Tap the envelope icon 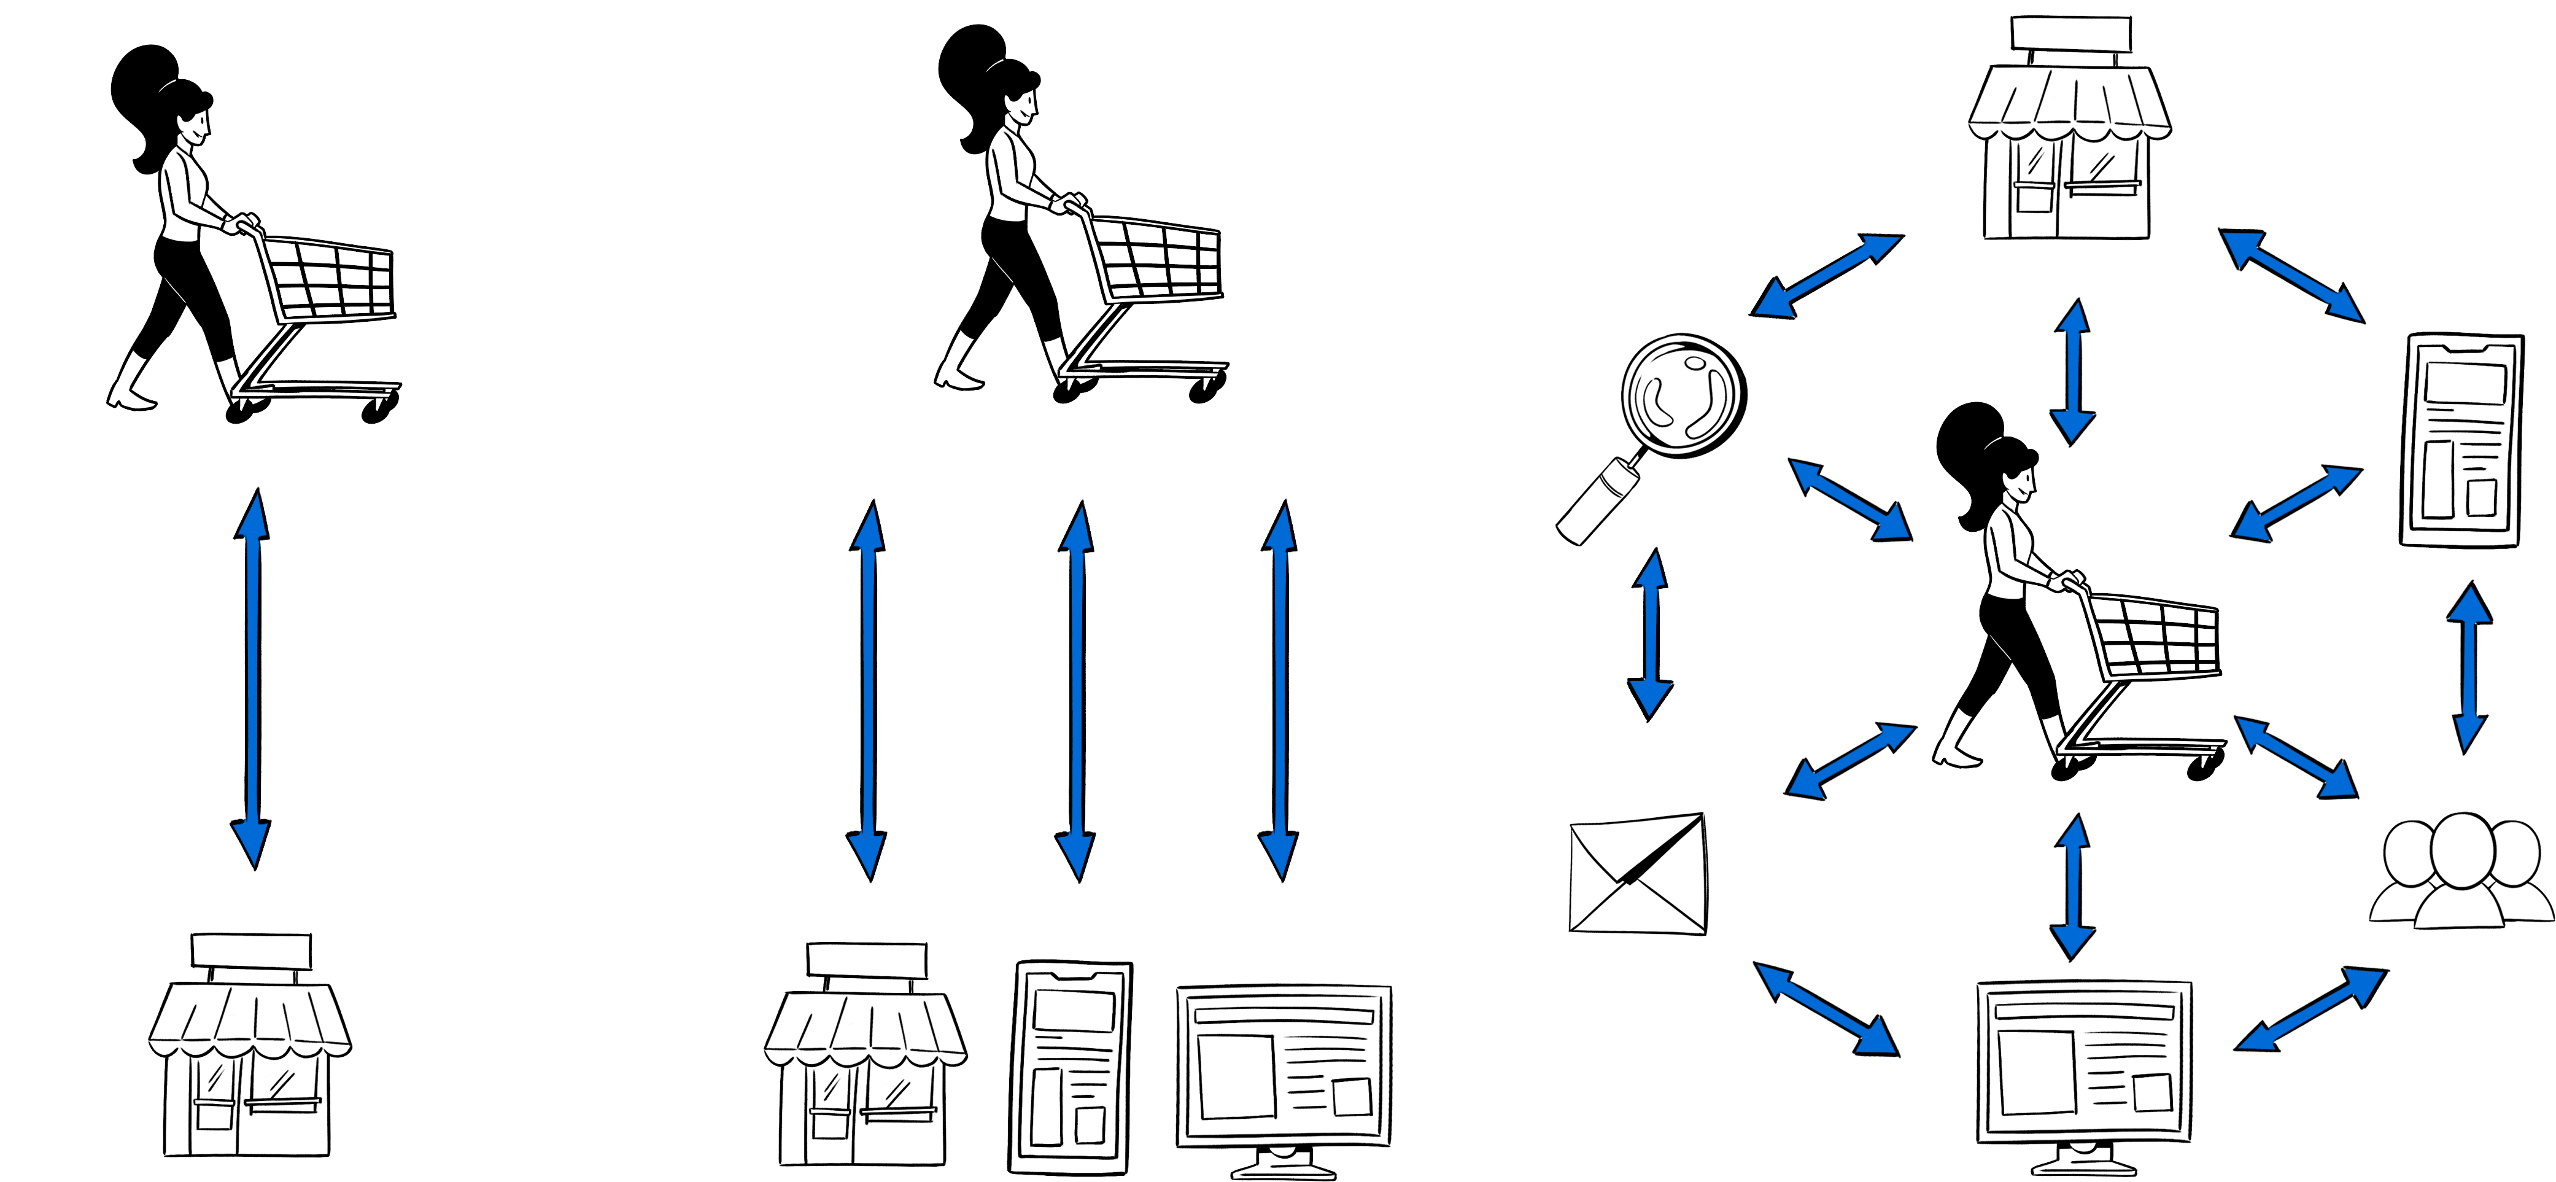1637,876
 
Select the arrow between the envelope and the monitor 1826,1008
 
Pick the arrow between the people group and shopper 2295,756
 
